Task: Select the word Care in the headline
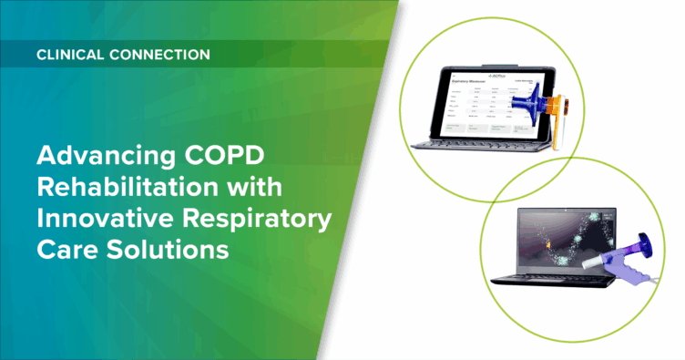tap(62, 252)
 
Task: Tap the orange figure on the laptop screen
tap(549, 245)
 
